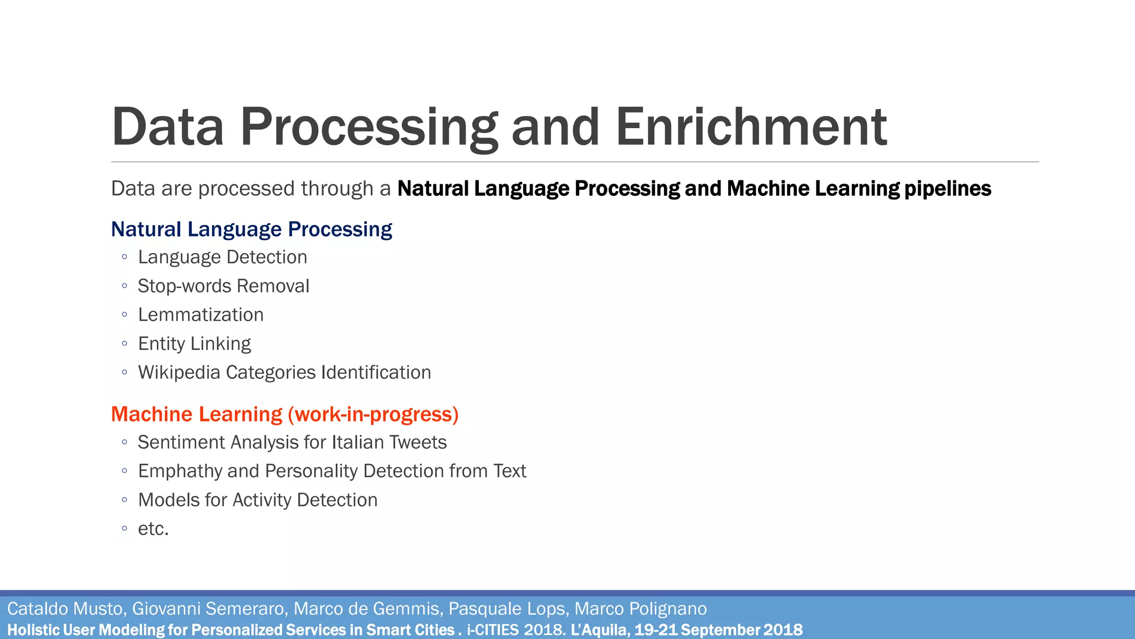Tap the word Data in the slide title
167,127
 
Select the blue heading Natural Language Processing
251,229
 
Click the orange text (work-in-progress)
373,414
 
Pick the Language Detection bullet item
222,257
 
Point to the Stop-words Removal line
223,286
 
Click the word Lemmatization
201,315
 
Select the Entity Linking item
194,344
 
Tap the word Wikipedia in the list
179,373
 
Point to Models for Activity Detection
258,500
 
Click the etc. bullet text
153,529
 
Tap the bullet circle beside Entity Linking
125,343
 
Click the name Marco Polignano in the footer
640,609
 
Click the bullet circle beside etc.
125,529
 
